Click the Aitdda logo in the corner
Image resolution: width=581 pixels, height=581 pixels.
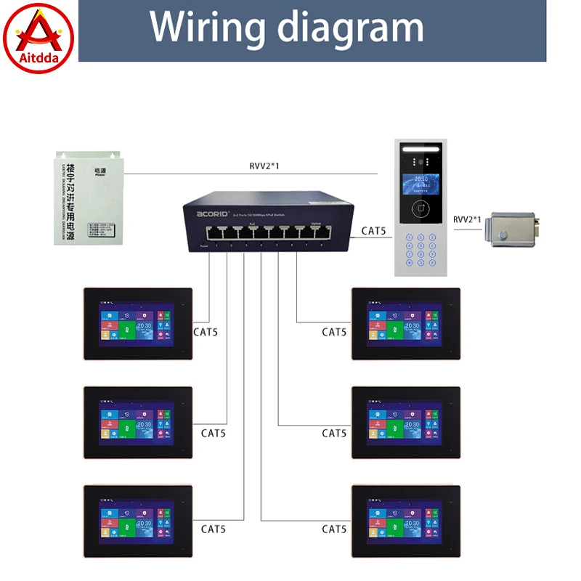point(38,38)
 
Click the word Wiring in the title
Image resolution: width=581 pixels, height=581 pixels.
point(207,27)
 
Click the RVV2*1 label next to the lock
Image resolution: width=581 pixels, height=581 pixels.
point(468,219)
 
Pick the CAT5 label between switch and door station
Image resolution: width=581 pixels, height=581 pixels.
point(374,232)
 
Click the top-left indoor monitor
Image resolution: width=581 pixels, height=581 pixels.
point(138,324)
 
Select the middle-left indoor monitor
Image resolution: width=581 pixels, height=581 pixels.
point(138,423)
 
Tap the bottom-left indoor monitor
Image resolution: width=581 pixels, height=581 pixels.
point(138,521)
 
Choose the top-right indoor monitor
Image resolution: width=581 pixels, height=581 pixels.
point(406,324)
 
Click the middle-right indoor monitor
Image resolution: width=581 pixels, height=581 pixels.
point(406,423)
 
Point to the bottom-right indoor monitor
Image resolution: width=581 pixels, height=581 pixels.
point(406,521)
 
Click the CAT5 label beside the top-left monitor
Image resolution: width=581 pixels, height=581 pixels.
point(206,333)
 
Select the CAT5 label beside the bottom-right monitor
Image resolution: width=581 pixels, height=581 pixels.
point(334,529)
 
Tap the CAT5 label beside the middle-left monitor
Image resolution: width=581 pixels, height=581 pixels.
point(214,433)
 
